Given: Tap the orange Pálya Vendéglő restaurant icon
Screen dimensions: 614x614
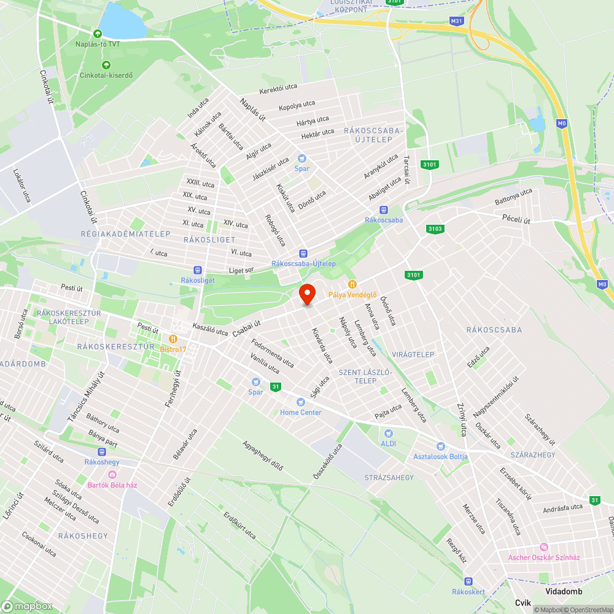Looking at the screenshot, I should pos(352,284).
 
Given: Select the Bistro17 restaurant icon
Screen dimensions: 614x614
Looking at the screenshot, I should pos(174,338).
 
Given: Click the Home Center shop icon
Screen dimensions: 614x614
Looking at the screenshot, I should pos(300,402).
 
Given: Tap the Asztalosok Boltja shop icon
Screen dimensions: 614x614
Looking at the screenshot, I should pos(440,446).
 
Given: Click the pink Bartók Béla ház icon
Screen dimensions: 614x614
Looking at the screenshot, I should pos(112,475).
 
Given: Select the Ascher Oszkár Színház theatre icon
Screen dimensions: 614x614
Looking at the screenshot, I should pos(543,547).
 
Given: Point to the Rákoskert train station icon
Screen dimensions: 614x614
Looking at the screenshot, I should pos(468,581).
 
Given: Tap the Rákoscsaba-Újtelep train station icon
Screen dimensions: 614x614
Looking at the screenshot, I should pos(303,254).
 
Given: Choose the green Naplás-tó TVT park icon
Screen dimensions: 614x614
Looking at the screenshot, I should pos(97,33).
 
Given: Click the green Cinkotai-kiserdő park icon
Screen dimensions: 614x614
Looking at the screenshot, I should pos(106,65).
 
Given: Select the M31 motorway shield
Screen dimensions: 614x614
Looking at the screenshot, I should pos(456,21).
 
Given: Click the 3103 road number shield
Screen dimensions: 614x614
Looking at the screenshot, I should pos(434,229).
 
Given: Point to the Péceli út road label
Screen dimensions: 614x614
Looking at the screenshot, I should pos(516,219).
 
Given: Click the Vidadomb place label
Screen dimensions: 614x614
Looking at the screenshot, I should pos(563,591).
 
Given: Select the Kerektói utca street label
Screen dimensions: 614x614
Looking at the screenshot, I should pos(278,89).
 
